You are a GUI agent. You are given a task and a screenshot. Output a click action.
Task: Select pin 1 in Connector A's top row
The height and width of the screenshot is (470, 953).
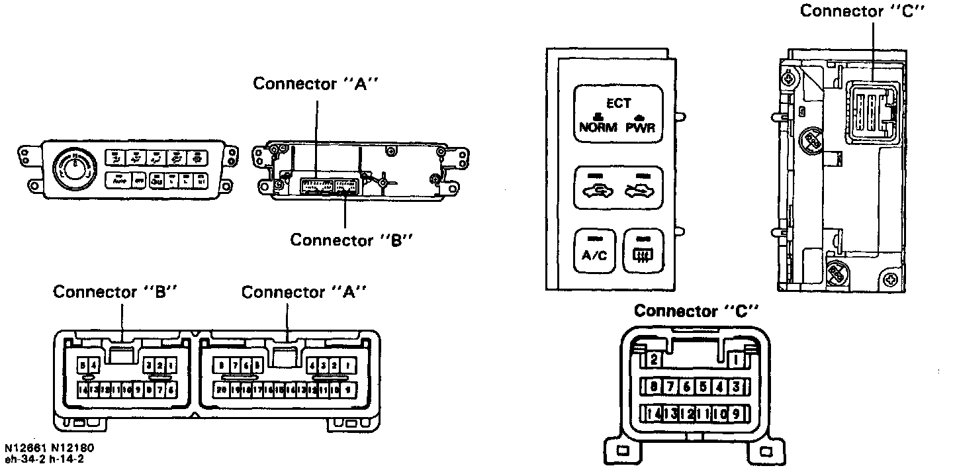(x=347, y=365)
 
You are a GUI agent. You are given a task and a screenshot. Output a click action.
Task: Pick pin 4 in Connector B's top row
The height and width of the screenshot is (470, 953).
(x=95, y=365)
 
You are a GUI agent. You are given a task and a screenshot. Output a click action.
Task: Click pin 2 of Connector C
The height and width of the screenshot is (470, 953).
(x=654, y=359)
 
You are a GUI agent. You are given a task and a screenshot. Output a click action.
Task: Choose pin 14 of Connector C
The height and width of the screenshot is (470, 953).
(x=654, y=414)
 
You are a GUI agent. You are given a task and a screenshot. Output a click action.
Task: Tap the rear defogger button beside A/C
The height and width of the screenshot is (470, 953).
(x=640, y=252)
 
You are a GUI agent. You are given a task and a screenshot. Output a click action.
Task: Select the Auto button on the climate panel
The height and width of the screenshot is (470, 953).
(x=120, y=179)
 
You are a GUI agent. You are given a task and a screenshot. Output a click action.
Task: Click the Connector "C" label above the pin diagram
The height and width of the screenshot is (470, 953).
(x=695, y=310)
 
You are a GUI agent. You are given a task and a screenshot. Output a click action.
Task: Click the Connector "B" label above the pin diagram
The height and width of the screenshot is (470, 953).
(x=116, y=292)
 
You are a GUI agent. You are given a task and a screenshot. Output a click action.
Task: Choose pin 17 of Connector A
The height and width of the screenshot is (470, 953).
(x=257, y=390)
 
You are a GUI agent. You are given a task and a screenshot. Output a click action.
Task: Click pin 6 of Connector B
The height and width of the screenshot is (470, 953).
(x=172, y=390)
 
